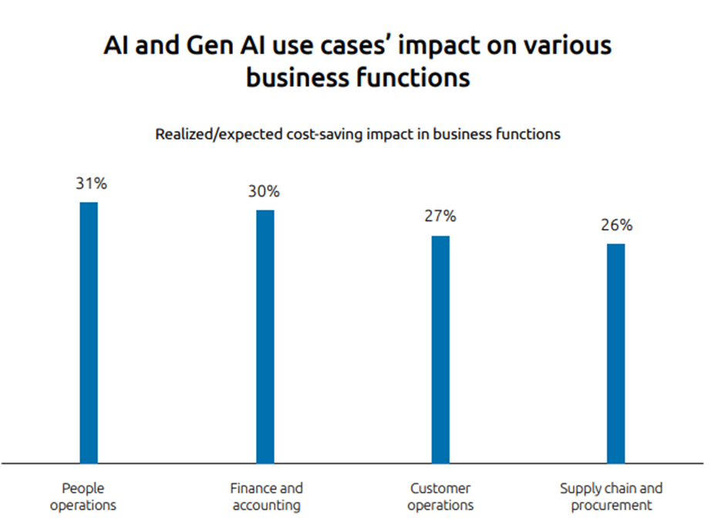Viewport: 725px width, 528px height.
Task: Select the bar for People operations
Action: (89, 331)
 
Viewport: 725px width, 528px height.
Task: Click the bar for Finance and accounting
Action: (265, 335)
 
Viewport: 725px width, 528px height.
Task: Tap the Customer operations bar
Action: (440, 348)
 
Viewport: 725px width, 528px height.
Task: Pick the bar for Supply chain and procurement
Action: (615, 352)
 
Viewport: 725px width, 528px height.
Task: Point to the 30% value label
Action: (264, 191)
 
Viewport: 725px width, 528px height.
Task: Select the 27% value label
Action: (440, 217)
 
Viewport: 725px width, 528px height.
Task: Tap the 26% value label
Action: (616, 225)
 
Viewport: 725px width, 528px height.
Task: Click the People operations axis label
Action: (83, 497)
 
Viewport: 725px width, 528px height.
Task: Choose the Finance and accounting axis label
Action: (266, 497)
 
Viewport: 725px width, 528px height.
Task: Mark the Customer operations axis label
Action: (440, 497)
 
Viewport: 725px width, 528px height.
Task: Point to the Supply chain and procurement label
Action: (612, 497)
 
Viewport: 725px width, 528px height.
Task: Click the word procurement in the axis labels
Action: (612, 506)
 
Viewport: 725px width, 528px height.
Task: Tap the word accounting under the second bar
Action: (266, 506)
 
